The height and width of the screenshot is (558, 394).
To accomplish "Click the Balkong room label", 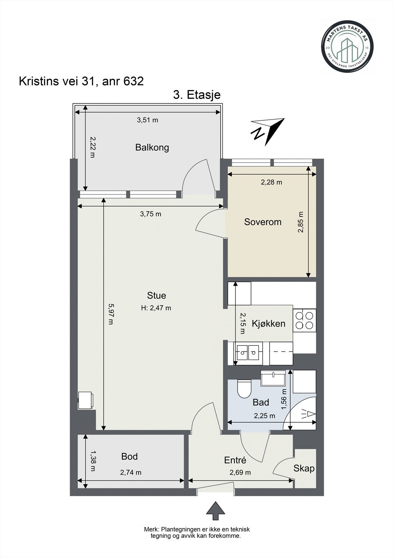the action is click(x=152, y=148).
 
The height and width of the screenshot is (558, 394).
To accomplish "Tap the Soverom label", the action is click(x=263, y=222).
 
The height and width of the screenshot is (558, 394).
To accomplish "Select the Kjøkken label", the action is click(x=269, y=324).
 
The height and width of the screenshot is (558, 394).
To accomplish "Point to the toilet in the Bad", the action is click(x=245, y=389).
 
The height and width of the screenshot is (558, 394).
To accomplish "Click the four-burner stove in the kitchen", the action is click(x=304, y=321).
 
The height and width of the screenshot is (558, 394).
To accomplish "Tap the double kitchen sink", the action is click(x=248, y=353).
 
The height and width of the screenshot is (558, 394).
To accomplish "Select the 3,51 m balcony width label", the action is click(x=147, y=120).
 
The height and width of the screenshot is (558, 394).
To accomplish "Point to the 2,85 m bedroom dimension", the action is click(x=301, y=222).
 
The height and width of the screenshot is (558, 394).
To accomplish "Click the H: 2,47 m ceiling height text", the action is click(x=156, y=308).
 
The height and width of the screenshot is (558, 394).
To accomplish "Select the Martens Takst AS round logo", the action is click(x=347, y=47).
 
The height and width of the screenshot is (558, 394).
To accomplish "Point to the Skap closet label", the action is click(x=304, y=468).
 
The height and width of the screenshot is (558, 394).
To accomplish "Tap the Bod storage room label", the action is click(x=130, y=457).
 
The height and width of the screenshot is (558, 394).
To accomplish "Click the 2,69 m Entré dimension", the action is click(x=240, y=473).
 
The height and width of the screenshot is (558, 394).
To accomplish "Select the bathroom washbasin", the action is click(x=273, y=378).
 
